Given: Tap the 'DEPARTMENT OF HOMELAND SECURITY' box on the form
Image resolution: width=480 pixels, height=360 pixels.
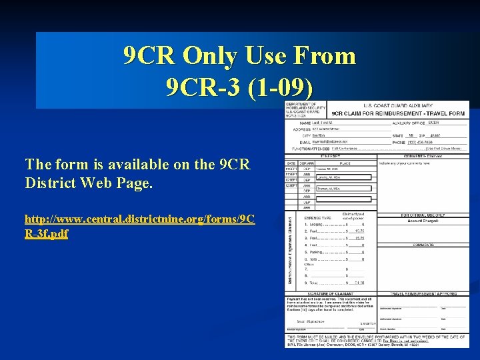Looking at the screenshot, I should (x=305, y=109).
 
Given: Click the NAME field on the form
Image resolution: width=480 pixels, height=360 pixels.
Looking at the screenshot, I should (x=347, y=123).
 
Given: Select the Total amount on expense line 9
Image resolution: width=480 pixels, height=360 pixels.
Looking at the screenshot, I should (x=358, y=283).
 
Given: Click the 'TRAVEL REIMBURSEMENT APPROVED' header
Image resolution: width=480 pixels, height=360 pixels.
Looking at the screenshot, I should (x=423, y=293).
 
